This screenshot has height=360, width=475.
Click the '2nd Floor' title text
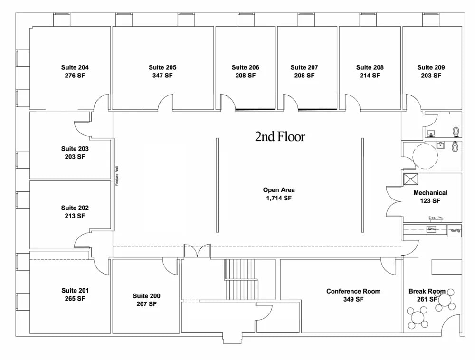point(280,137)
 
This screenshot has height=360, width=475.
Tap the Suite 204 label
point(75,67)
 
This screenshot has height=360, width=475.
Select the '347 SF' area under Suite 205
point(162,76)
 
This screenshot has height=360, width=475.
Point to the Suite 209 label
point(431,67)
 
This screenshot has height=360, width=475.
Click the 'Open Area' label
point(279,190)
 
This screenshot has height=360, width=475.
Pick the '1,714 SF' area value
point(279,198)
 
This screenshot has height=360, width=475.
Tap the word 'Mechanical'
point(430,193)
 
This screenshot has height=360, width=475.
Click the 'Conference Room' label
point(353,291)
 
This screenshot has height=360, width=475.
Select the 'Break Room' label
point(427,291)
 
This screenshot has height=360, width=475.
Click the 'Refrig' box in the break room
point(455,230)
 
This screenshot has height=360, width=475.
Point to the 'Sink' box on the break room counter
point(431,229)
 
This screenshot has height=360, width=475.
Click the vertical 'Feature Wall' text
point(116,176)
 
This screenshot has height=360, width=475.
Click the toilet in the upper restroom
point(456,132)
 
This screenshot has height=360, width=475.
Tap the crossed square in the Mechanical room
point(409,179)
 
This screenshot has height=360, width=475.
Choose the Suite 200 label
point(146,296)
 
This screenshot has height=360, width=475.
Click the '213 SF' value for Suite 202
point(75,216)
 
